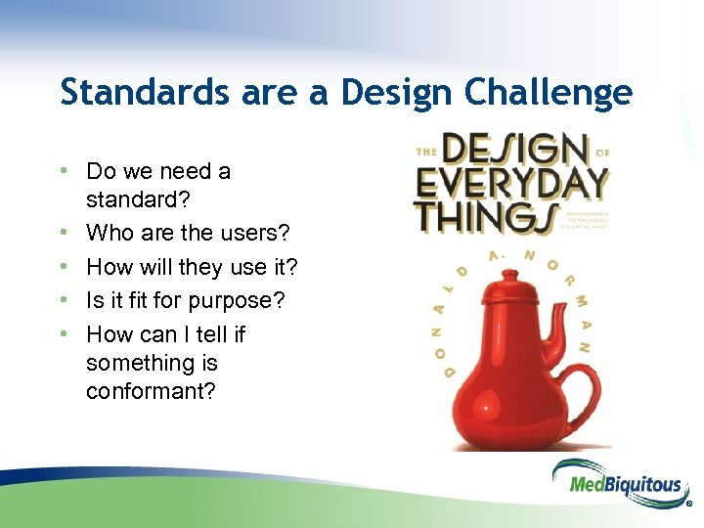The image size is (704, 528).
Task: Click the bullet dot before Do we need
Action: [65, 171]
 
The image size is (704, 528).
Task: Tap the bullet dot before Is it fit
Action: [65, 300]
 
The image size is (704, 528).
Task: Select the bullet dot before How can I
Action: [65, 334]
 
